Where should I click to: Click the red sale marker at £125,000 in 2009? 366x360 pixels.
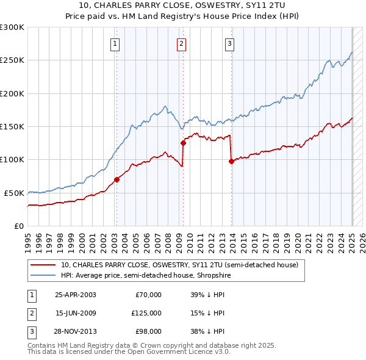(x=183, y=143)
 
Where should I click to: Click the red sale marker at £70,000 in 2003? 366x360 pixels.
(x=117, y=179)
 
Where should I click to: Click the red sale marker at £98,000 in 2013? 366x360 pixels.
(x=231, y=161)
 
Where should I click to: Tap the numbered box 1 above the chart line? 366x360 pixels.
(x=115, y=43)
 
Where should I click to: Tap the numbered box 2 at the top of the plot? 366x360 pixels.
(x=182, y=43)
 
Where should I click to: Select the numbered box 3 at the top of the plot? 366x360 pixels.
(x=229, y=43)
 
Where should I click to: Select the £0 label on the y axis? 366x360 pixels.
(x=18, y=226)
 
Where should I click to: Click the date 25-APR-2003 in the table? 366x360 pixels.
(x=76, y=295)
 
